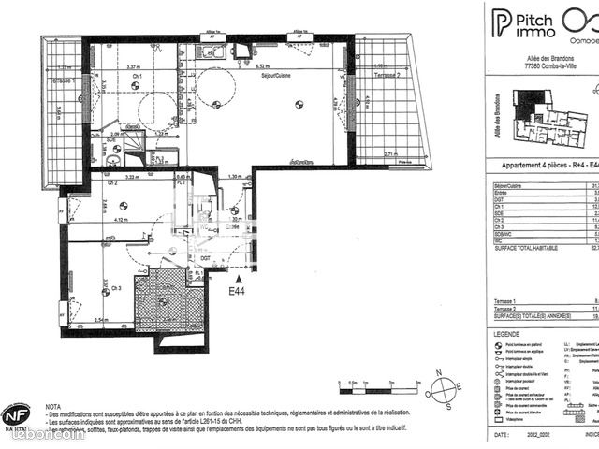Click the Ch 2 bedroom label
[112, 184]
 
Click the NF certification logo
[16, 414]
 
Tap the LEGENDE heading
[508, 334]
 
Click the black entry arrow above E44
[241, 278]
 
